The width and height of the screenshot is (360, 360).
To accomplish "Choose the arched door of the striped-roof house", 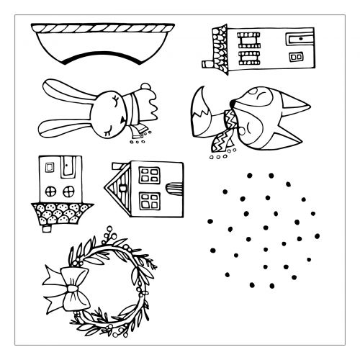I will pos(172,192).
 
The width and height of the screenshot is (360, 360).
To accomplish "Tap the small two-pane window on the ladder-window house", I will pos(295,56).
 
